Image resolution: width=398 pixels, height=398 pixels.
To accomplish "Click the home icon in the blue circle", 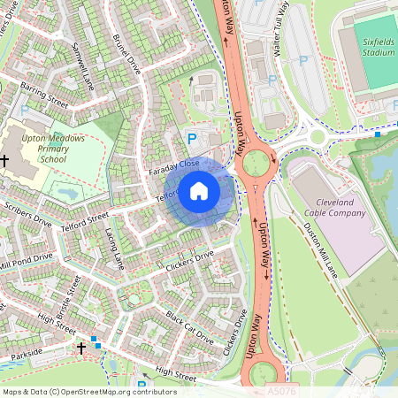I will click(x=199, y=191).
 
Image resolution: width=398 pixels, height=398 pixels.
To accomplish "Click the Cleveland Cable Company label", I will click(x=334, y=207).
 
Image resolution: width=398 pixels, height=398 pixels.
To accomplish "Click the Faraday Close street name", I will click(x=174, y=165).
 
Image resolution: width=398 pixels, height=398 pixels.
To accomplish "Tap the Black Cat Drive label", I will click(x=189, y=328).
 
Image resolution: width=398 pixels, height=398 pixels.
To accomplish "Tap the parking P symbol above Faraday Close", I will click(x=192, y=138).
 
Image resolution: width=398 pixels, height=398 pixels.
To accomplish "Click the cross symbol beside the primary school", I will click(x=5, y=160).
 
